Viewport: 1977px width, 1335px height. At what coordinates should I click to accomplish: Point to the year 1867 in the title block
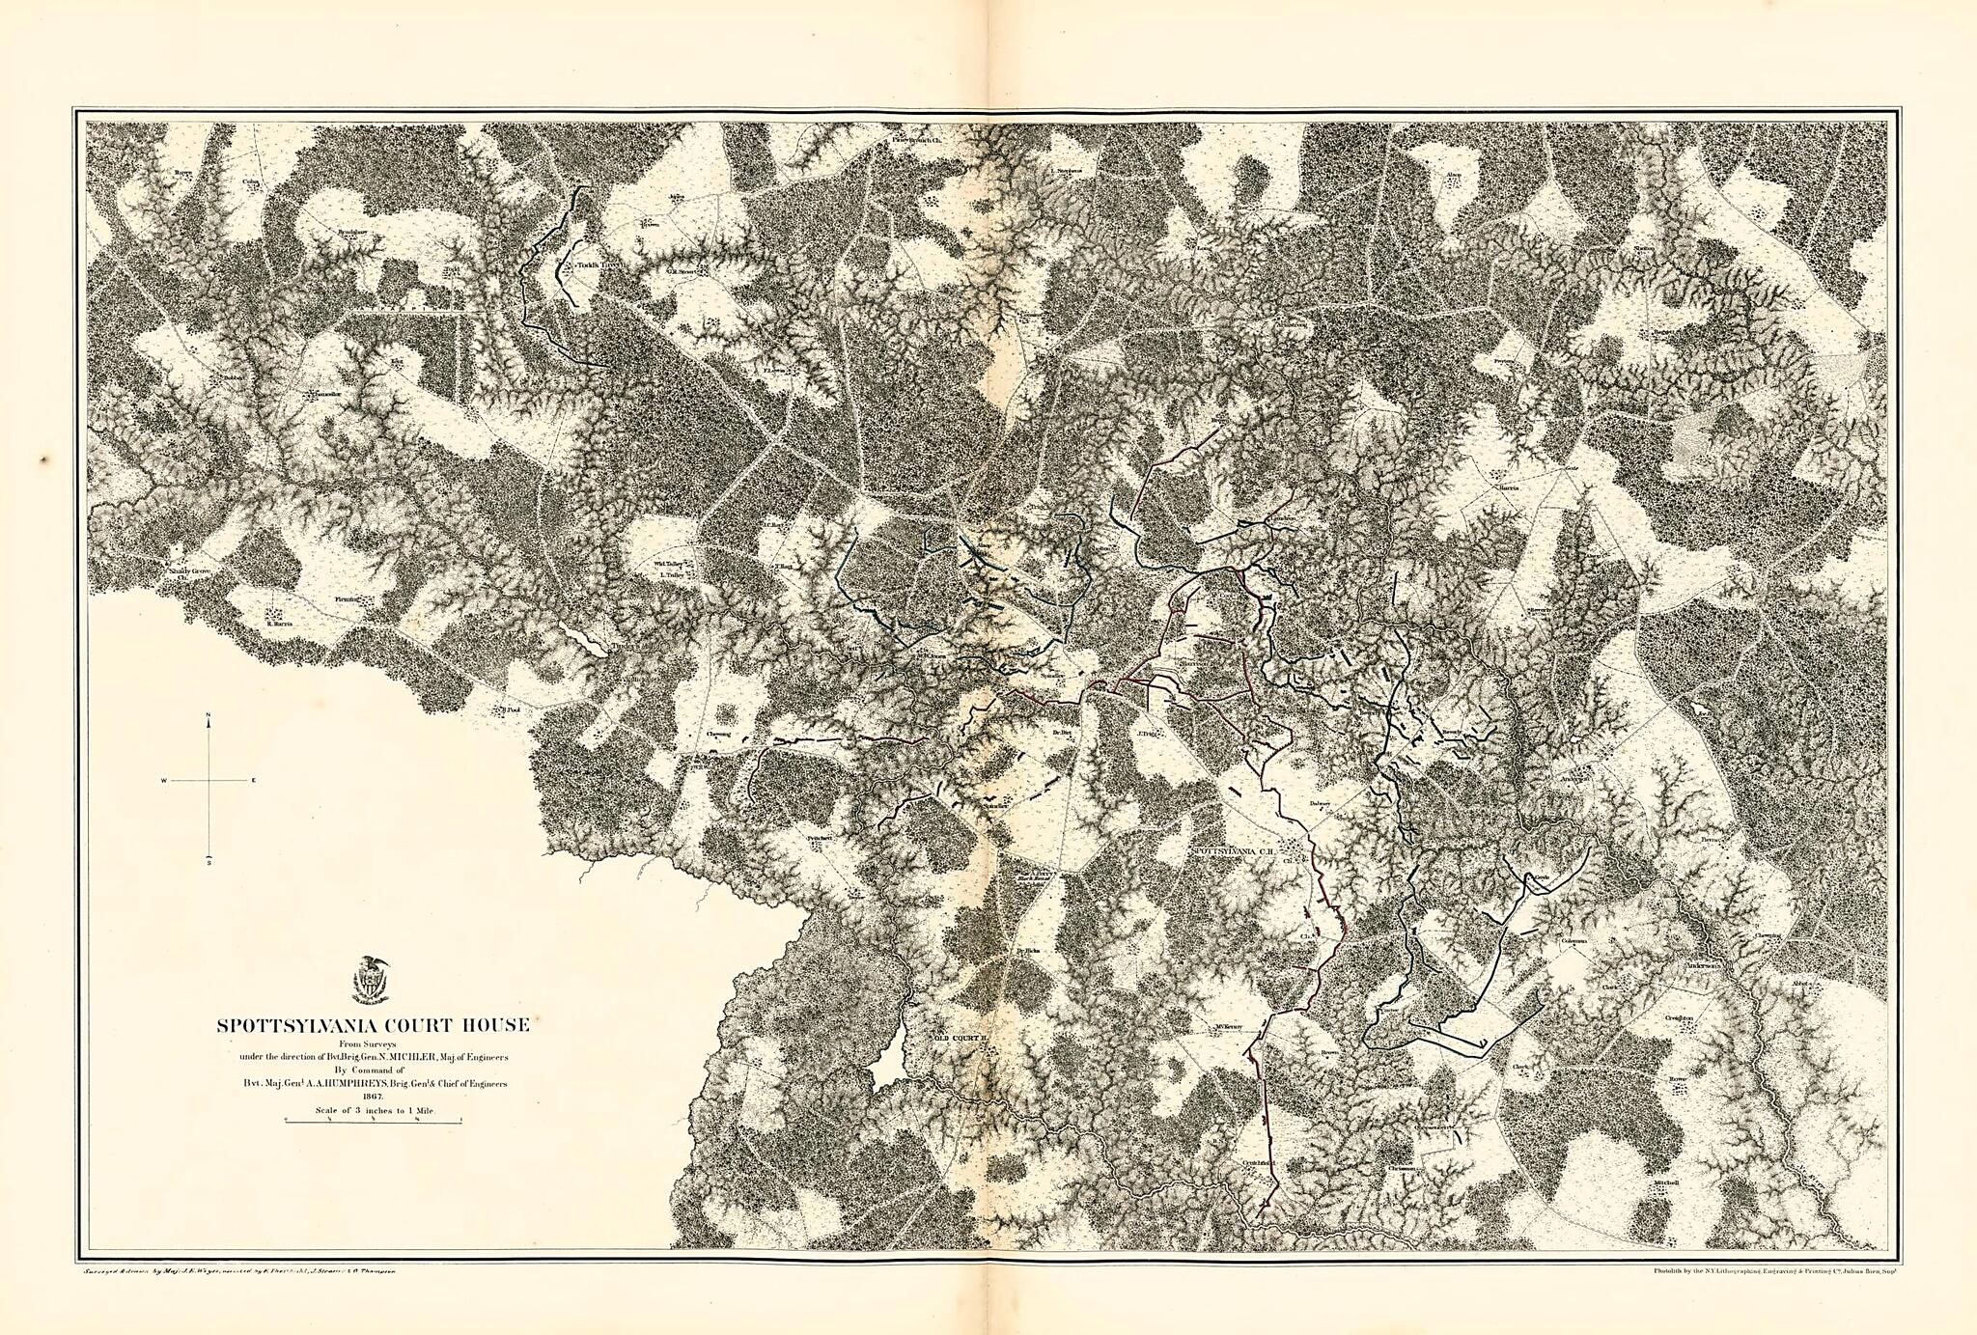372,1097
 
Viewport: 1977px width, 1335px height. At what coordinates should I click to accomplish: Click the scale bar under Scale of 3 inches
372,1120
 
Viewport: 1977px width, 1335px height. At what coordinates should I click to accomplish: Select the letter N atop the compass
209,715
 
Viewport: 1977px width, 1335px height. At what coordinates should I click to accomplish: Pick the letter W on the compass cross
164,779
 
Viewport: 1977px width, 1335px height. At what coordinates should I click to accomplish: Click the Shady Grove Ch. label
189,572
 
